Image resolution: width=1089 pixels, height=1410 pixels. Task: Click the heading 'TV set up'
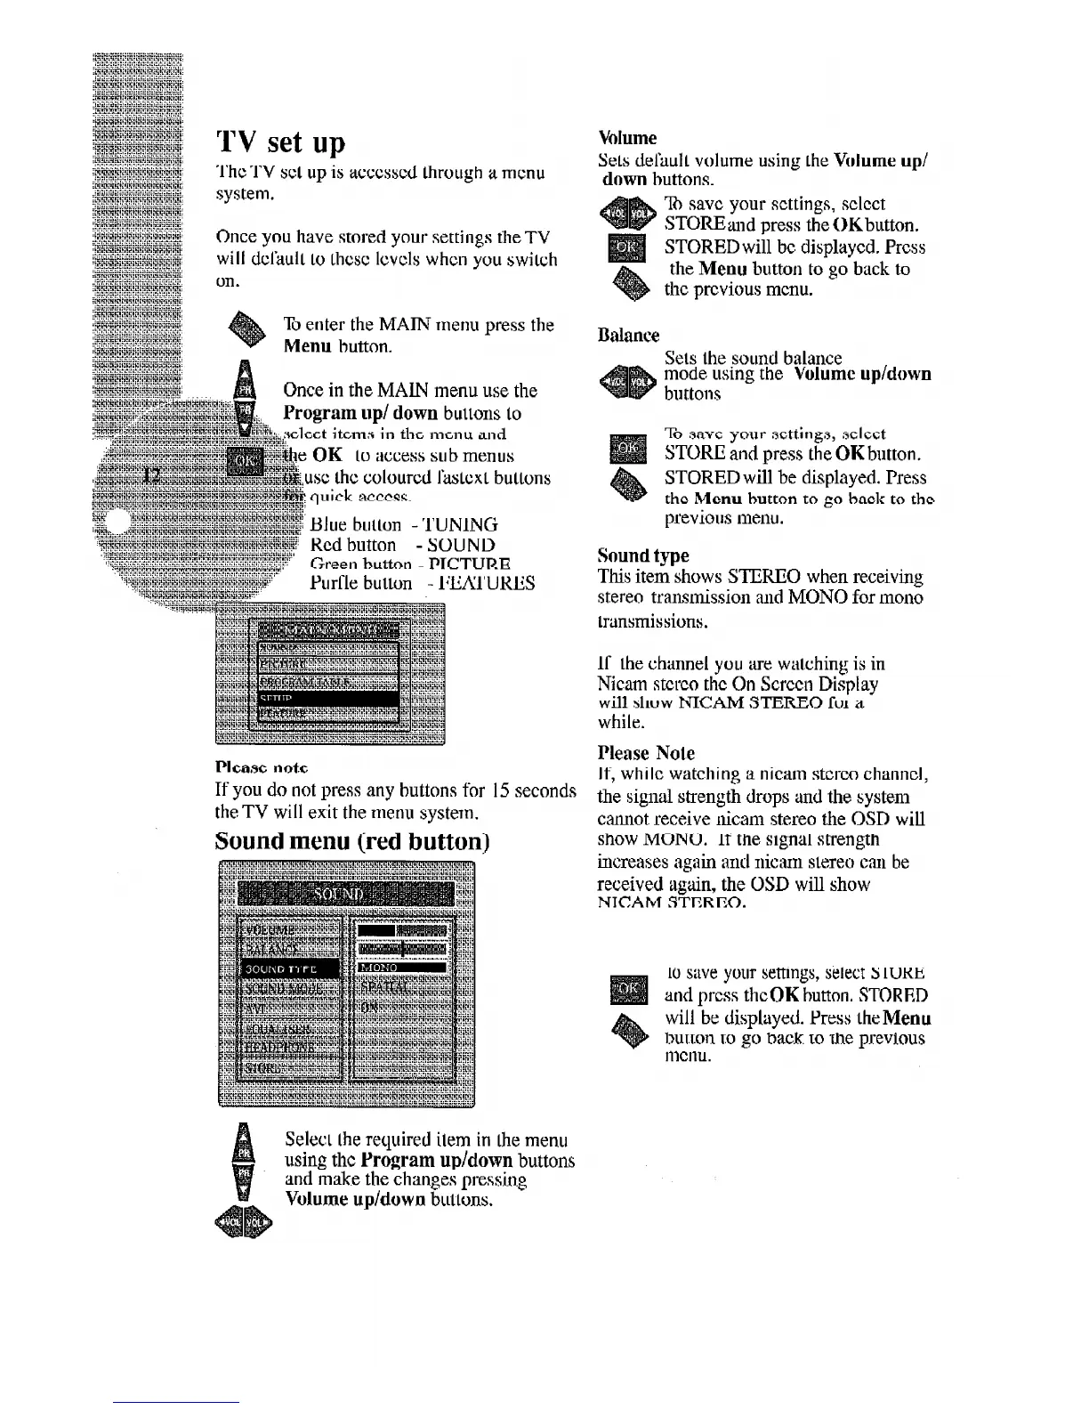280,142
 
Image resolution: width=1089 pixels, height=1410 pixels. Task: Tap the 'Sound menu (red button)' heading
352,841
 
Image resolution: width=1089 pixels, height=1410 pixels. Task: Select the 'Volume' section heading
628,138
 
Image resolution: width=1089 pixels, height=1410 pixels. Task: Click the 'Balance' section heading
629,336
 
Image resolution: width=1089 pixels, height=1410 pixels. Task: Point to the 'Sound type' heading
643,555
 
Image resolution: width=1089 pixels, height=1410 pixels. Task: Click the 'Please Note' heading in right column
647,753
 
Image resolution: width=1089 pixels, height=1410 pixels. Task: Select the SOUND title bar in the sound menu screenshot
347,893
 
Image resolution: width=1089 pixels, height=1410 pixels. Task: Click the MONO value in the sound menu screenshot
400,968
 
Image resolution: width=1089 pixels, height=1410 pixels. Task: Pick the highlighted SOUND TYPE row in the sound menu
289,968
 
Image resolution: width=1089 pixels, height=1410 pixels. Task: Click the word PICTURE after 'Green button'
469,563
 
